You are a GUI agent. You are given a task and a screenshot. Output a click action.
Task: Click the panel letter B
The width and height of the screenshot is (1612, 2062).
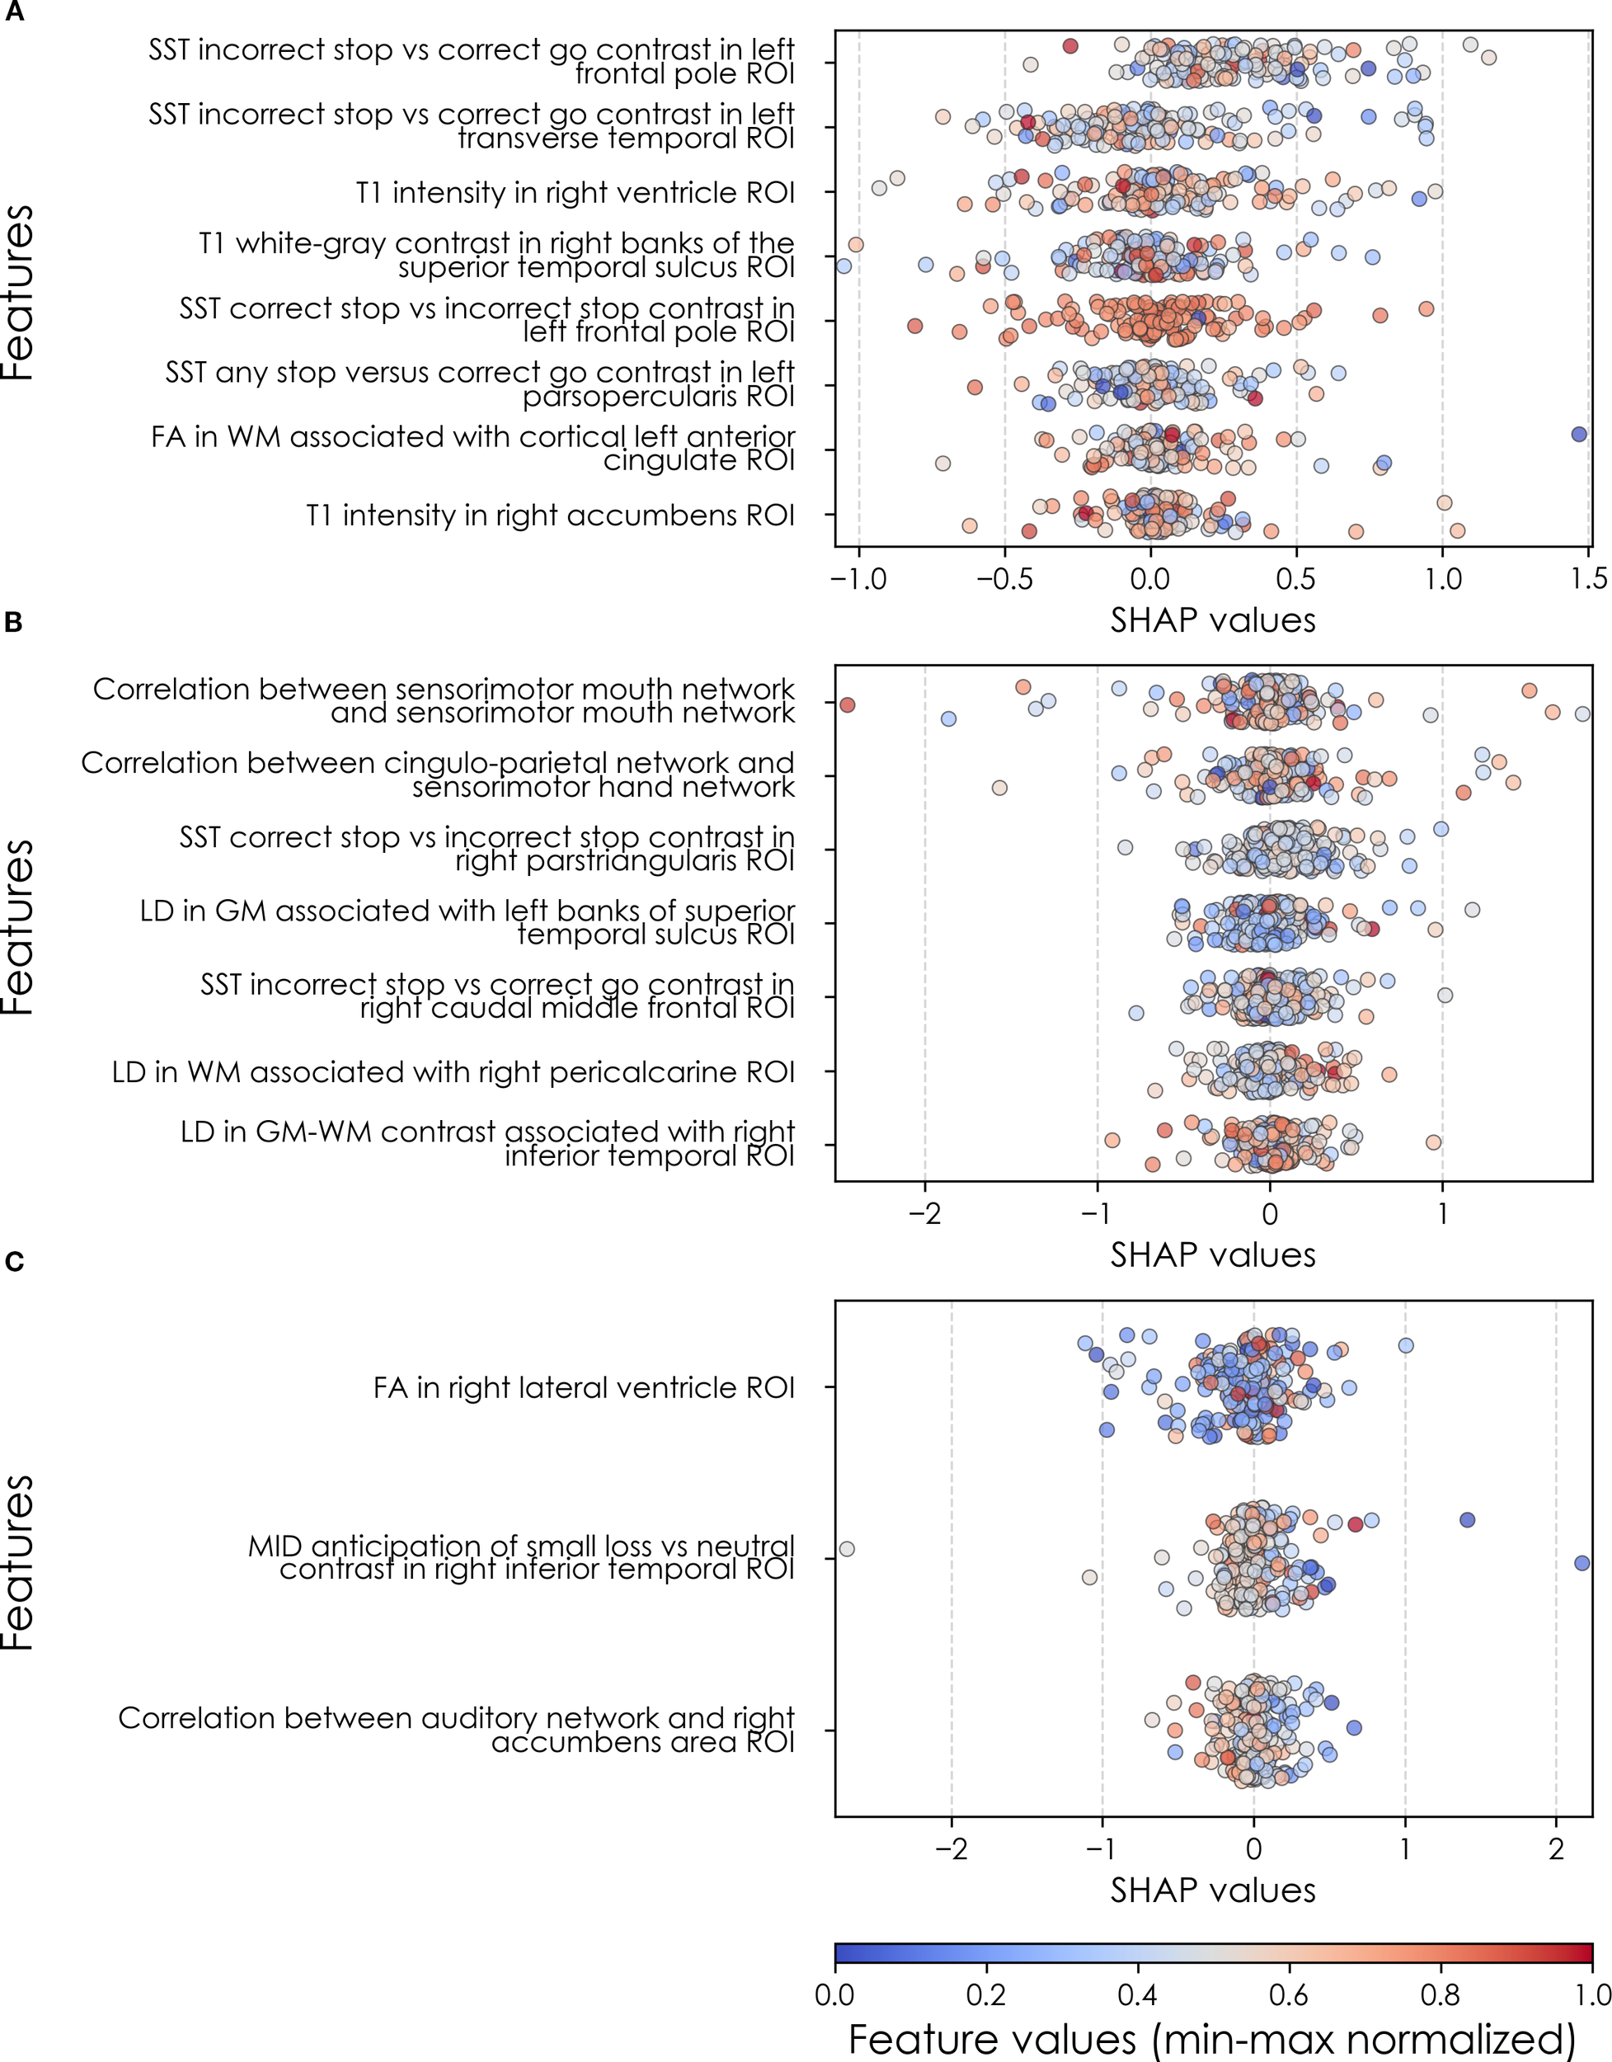[x=14, y=622]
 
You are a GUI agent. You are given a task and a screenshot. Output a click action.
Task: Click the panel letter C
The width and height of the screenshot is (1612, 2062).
[x=14, y=1261]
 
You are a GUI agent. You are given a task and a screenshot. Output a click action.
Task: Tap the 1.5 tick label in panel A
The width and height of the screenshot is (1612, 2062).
[x=1588, y=579]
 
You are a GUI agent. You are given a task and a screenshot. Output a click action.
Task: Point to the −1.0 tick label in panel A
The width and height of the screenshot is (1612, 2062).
[x=858, y=579]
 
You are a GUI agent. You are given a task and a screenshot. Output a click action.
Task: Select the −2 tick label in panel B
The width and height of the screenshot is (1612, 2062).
[x=924, y=1213]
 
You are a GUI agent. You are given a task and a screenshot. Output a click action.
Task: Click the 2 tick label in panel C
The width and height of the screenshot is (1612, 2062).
[x=1556, y=1848]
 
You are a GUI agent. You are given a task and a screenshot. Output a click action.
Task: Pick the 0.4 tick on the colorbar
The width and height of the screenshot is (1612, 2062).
[x=1137, y=1995]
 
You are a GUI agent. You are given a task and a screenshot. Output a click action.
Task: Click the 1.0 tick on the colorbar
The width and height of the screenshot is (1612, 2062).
[x=1591, y=1995]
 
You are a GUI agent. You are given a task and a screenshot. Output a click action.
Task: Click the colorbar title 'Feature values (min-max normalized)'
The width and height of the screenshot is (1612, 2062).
[x=1212, y=2040]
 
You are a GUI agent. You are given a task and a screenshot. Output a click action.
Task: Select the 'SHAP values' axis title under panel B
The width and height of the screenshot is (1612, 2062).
[x=1212, y=1255]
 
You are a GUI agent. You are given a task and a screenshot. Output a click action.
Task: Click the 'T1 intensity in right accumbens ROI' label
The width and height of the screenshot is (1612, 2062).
[x=550, y=515]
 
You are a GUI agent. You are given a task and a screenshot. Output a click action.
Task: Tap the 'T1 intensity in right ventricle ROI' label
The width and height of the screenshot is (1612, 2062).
[x=575, y=193]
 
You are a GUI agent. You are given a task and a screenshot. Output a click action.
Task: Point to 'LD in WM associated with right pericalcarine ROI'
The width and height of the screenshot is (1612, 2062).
[x=453, y=1072]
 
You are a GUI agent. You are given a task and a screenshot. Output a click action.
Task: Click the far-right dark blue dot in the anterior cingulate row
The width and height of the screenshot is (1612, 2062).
[x=1579, y=435]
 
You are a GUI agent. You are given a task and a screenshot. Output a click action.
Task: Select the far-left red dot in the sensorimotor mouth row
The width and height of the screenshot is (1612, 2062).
[x=847, y=705]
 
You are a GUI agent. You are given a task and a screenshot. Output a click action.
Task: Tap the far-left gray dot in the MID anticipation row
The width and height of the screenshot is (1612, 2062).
[x=847, y=1549]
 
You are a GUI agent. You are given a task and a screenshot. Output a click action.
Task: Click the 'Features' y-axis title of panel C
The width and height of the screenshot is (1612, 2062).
[x=19, y=1561]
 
